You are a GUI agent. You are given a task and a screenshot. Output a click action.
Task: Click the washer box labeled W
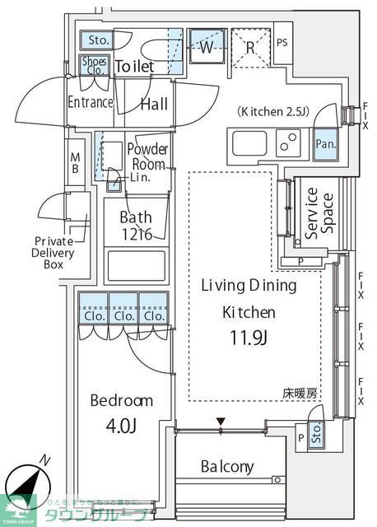[x=205, y=47]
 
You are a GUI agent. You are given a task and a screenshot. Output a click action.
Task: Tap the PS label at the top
[x=282, y=43]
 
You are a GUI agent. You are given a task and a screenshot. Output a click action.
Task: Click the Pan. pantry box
[x=324, y=143]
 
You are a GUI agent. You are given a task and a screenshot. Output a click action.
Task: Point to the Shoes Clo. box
[x=91, y=64]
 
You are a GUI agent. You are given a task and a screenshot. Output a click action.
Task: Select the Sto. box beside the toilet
[x=99, y=39]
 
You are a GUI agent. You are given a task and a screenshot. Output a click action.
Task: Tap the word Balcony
[x=227, y=467]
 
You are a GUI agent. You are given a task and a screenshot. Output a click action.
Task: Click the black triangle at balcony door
[x=220, y=422]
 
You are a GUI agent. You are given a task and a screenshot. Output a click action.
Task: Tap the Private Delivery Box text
[x=54, y=253]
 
